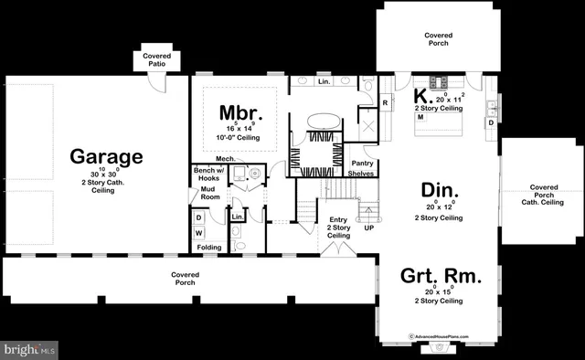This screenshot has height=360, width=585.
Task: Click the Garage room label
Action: click(107, 156)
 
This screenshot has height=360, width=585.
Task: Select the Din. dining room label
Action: click(439, 191)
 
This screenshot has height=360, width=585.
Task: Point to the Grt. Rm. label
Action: click(440, 275)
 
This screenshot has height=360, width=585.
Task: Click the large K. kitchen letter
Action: click(422, 96)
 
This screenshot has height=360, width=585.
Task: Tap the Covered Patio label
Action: click(157, 60)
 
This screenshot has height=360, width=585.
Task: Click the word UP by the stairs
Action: click(369, 228)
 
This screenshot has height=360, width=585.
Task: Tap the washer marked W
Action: click(198, 233)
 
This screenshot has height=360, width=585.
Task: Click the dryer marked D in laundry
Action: click(198, 218)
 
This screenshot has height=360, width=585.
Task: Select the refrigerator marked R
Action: click(385, 102)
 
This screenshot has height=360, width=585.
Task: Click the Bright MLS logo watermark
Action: click(30, 348)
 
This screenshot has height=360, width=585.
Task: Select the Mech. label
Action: click(226, 159)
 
